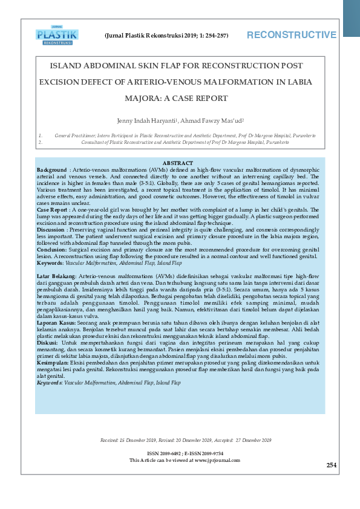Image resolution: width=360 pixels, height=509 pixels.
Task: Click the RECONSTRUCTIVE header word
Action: pyautogui.click(x=291, y=35)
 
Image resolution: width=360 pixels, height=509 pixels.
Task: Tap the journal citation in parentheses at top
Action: pyautogui.click(x=166, y=36)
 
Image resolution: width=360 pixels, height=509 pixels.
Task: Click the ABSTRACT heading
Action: pyautogui.click(x=178, y=163)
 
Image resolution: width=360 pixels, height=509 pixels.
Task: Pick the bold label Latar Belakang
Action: pyautogui.click(x=56, y=276)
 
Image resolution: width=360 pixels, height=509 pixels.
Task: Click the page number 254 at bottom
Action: pyautogui.click(x=331, y=465)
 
